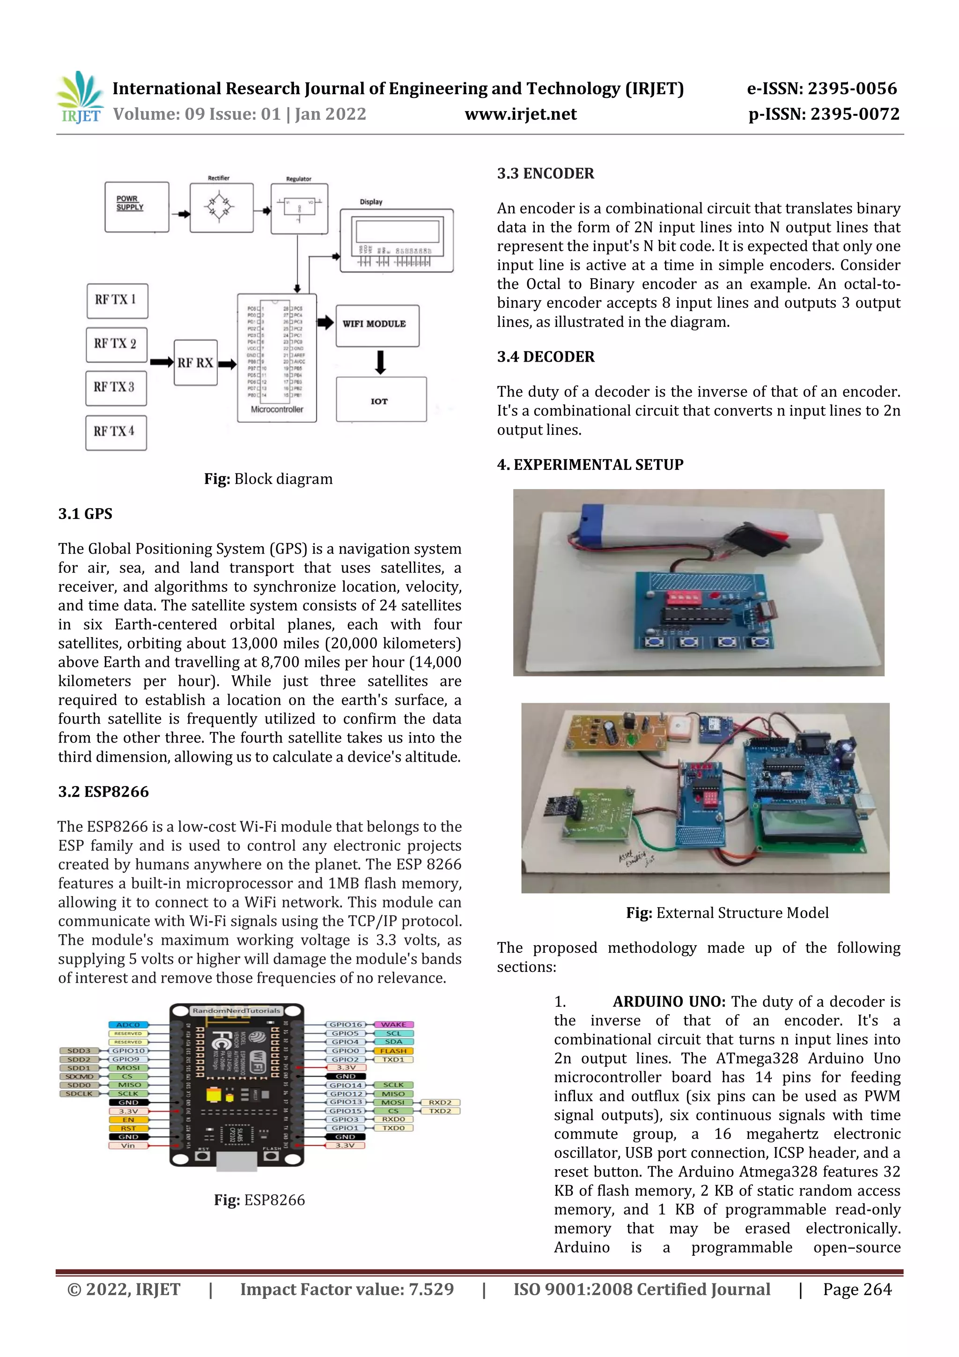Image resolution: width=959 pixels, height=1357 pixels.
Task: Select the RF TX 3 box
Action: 116,388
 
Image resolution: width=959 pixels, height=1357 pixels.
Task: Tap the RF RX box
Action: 196,363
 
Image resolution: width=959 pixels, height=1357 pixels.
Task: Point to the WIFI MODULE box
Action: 377,325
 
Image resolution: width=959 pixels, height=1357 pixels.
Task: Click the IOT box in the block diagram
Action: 381,400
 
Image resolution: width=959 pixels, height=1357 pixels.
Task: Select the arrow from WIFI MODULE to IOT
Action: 381,362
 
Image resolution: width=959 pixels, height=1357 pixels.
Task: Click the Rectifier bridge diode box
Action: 221,208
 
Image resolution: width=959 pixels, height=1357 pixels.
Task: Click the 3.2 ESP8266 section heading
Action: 103,791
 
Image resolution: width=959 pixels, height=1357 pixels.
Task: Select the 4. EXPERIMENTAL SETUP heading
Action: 590,465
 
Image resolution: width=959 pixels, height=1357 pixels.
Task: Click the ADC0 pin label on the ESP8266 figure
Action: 128,1025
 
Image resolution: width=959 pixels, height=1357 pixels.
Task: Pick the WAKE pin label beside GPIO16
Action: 393,1024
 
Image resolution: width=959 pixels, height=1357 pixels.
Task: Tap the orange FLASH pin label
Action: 393,1051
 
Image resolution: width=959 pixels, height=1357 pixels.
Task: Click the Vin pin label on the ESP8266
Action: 128,1145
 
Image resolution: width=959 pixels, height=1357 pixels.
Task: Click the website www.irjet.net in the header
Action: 521,114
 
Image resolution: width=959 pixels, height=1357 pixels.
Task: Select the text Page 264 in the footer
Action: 857,1289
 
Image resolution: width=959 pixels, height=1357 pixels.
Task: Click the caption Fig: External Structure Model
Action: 727,912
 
